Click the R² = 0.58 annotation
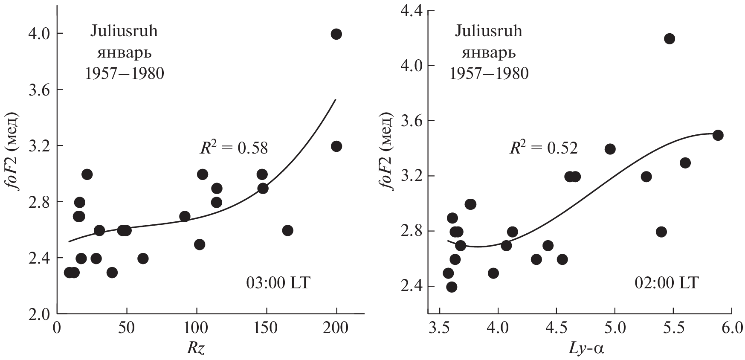click(x=234, y=148)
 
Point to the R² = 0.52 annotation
click(x=544, y=148)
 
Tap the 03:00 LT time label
click(x=278, y=283)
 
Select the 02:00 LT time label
click(x=666, y=283)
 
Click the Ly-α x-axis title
click(x=586, y=348)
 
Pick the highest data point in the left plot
click(x=336, y=34)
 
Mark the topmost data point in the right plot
click(x=669, y=39)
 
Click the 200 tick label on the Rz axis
click(x=336, y=329)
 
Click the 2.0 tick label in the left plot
click(x=39, y=314)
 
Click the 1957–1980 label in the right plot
click(x=489, y=74)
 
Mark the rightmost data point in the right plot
click(x=718, y=135)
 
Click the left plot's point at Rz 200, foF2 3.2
click(x=336, y=146)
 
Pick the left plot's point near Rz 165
click(x=287, y=230)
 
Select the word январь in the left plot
click(x=124, y=53)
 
